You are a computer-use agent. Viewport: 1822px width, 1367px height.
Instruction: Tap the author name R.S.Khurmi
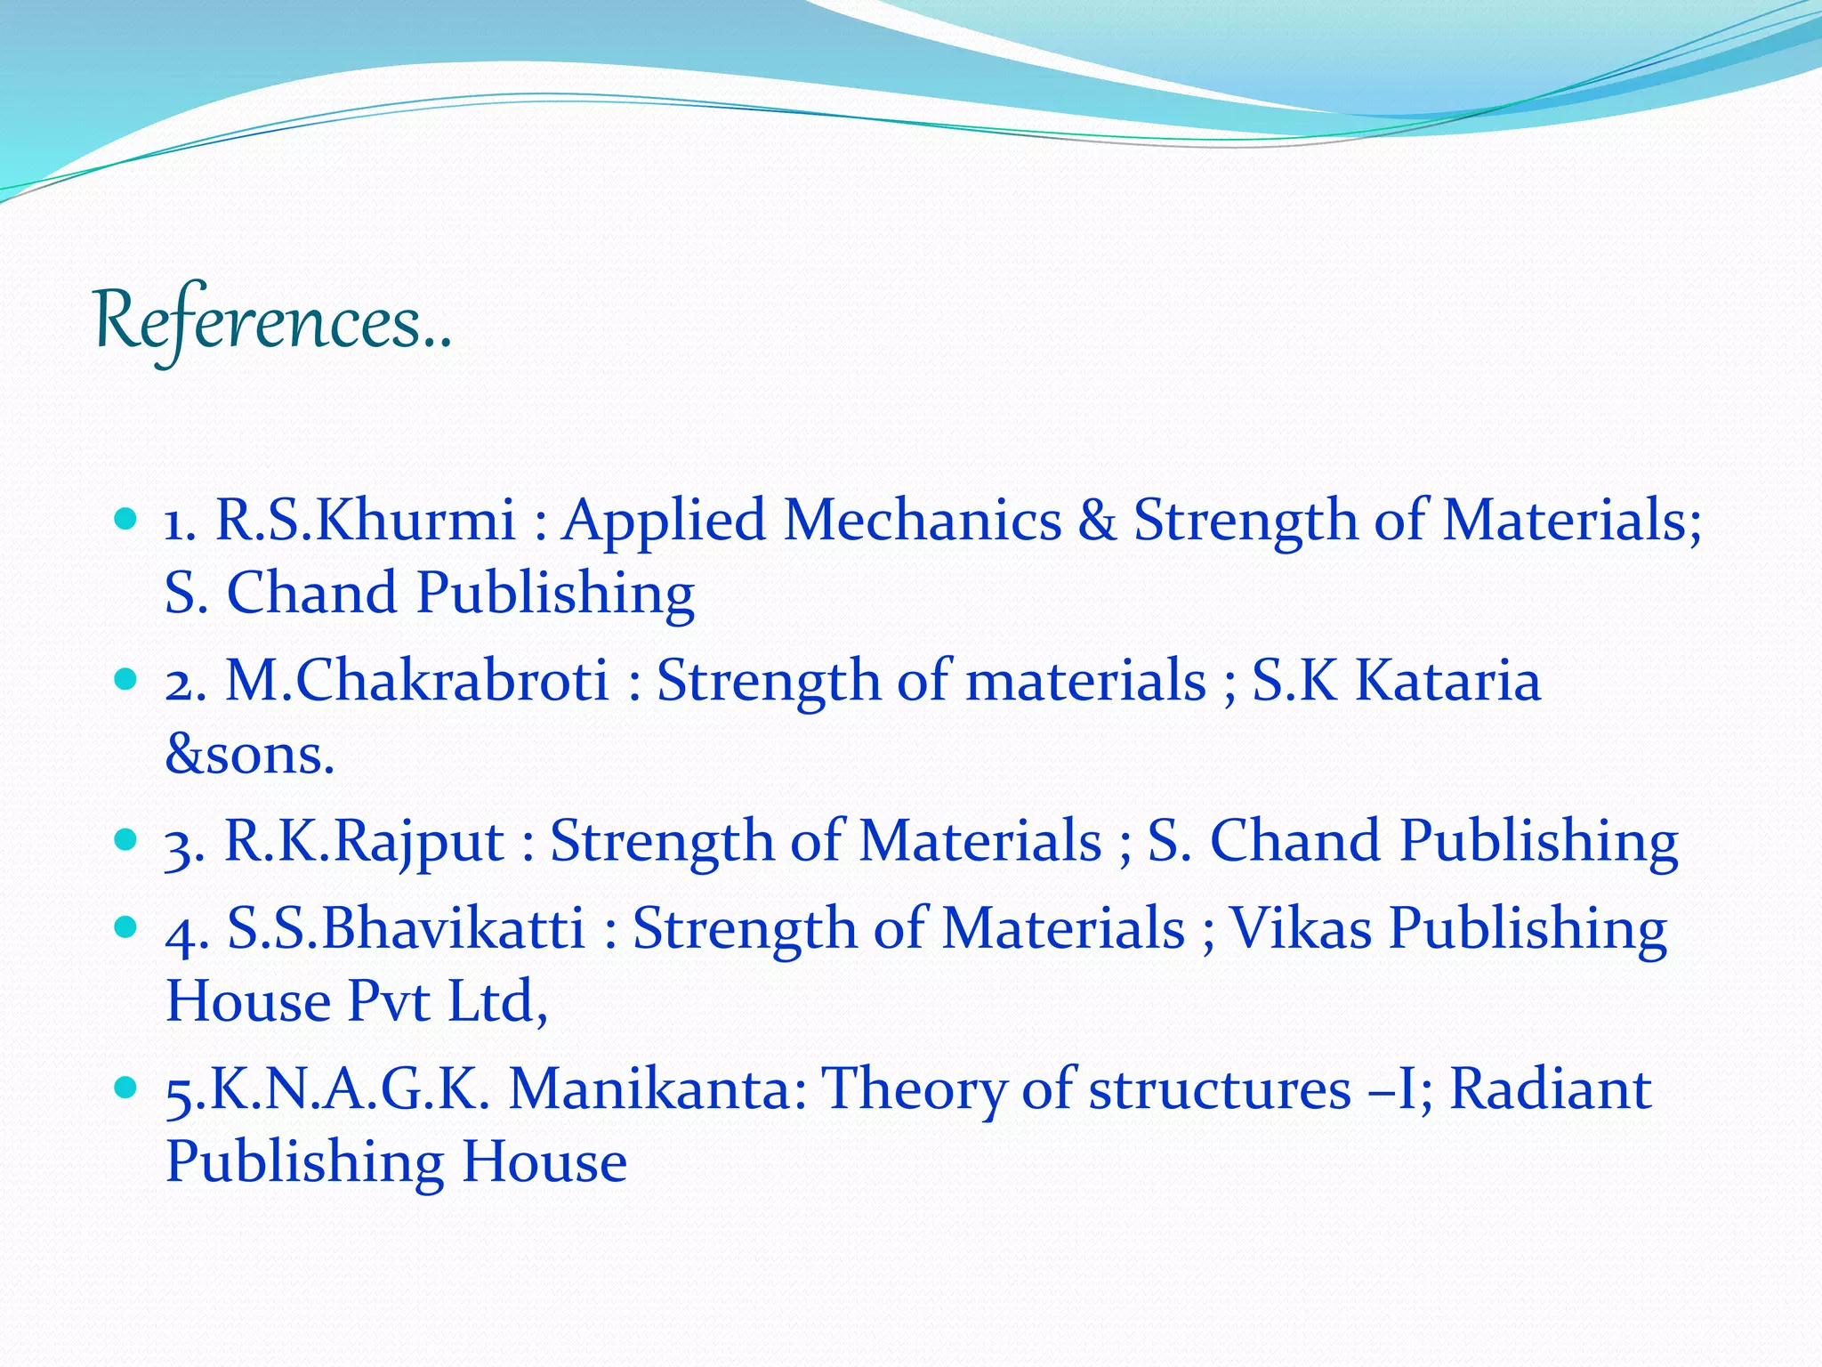pos(366,520)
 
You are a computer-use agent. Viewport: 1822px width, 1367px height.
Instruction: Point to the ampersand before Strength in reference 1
pos(1097,522)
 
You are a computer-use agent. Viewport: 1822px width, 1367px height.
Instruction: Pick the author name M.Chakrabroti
pos(417,681)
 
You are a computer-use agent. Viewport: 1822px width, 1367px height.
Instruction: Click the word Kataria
pos(1447,681)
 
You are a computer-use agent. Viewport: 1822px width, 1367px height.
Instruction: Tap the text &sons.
pos(250,755)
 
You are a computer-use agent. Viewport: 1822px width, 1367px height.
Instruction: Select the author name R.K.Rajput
pos(364,842)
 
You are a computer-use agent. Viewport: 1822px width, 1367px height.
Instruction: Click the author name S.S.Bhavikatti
pos(407,928)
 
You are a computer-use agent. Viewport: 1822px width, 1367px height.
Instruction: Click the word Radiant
pos(1551,1089)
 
